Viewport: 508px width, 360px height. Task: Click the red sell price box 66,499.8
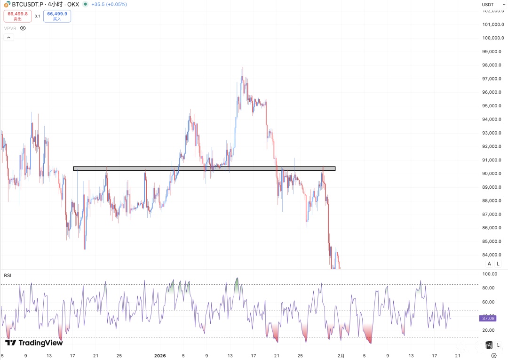pyautogui.click(x=17, y=16)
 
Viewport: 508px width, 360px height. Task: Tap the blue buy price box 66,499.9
pyautogui.click(x=57, y=16)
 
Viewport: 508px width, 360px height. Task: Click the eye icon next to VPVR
pyautogui.click(x=23, y=28)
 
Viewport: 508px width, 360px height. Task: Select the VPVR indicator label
pyautogui.click(x=10, y=28)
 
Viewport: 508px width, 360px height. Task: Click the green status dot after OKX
pyautogui.click(x=85, y=4)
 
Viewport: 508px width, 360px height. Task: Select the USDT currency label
pyautogui.click(x=488, y=5)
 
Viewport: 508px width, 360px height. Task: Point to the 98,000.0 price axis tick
pyautogui.click(x=494, y=65)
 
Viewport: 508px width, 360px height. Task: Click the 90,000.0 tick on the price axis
pyautogui.click(x=494, y=174)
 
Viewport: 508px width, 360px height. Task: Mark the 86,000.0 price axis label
pyautogui.click(x=494, y=228)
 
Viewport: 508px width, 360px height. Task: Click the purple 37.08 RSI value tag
pyautogui.click(x=488, y=319)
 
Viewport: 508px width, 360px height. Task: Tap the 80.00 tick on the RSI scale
pyautogui.click(x=491, y=288)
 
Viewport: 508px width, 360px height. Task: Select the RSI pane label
pyautogui.click(x=8, y=275)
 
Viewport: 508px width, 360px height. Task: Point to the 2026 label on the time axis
pyautogui.click(x=160, y=355)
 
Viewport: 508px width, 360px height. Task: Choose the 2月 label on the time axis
pyautogui.click(x=342, y=355)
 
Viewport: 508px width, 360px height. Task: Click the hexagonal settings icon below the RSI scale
pyautogui.click(x=493, y=355)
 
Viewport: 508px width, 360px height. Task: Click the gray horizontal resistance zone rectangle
pyautogui.click(x=204, y=168)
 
